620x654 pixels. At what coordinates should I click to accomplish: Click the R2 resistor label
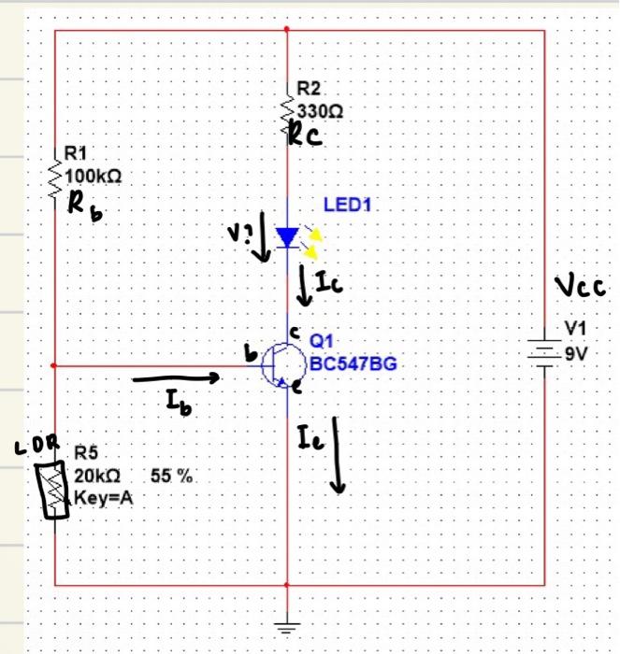(309, 90)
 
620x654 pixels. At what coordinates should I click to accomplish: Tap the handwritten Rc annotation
(305, 136)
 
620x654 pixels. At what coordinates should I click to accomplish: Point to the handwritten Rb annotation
(85, 206)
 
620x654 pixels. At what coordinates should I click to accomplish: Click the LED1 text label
(348, 204)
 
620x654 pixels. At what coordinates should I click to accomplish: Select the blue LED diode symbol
(287, 236)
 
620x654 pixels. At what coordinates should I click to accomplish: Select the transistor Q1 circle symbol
(281, 364)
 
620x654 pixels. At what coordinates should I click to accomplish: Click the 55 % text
(172, 476)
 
